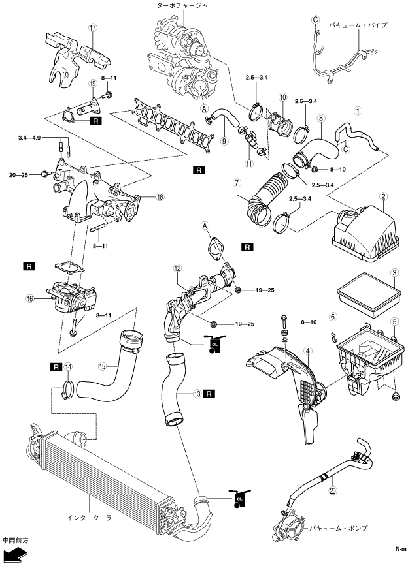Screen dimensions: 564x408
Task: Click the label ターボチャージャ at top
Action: pos(181,4)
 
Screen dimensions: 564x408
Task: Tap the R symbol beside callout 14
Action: pos(54,367)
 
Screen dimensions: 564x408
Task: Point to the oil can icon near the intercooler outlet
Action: pos(237,498)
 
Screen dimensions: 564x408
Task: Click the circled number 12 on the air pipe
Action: pos(177,268)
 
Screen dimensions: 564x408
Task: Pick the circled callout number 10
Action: pos(282,97)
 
